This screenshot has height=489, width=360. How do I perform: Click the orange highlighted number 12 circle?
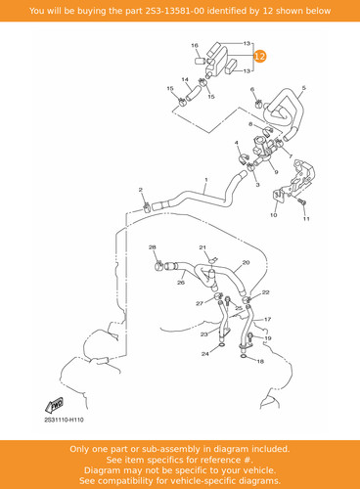coord(260,57)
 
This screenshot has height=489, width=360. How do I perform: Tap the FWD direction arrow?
coord(54,405)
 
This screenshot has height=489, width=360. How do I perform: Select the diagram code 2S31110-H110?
coord(64,420)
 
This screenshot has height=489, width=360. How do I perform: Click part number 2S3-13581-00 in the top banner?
coord(175,11)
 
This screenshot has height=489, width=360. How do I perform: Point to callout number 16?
coord(195,45)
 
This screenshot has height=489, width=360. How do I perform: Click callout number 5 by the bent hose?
coord(304,88)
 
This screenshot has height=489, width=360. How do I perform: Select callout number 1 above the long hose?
coord(206,180)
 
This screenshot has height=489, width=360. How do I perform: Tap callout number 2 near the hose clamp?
coord(141,190)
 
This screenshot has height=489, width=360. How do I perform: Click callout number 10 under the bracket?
coord(274,215)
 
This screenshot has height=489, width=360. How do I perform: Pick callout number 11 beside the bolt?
coord(306,219)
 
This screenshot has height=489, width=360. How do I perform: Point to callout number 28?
coord(153,247)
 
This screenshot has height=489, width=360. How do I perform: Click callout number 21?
coord(202,247)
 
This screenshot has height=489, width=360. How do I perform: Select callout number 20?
coord(246,262)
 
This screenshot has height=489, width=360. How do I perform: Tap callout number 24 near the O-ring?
coord(205,353)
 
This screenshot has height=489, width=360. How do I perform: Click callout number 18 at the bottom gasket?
coord(260,361)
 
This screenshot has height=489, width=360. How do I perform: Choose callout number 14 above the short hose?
coord(185,79)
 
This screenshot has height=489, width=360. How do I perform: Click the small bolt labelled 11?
coord(301,202)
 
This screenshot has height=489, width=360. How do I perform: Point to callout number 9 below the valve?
coord(276,172)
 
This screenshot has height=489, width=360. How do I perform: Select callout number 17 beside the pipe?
coord(267,319)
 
